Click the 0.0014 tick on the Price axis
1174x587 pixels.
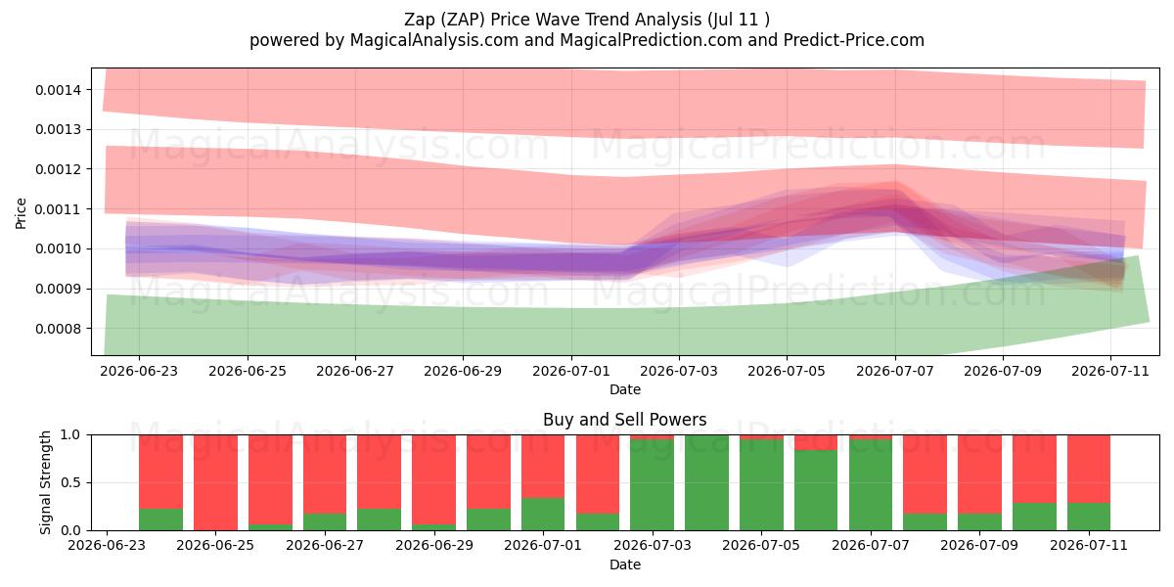point(58,90)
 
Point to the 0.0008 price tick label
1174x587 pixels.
point(58,329)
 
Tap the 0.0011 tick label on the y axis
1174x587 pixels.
point(58,209)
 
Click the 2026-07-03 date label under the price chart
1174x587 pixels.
point(679,371)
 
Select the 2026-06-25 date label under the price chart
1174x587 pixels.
point(248,371)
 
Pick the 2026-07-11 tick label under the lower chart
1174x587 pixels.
point(1089,545)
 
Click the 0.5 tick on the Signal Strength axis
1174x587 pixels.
point(70,482)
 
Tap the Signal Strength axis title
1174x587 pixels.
point(46,482)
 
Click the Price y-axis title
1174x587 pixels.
point(21,213)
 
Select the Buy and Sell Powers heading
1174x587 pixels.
point(625,420)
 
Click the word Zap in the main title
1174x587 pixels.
point(420,20)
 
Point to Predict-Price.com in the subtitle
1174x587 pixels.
point(854,40)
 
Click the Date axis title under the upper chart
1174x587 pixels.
point(625,389)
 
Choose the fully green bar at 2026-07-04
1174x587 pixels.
point(706,482)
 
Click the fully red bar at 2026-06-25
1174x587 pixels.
point(215,482)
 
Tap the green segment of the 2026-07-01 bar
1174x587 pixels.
point(543,515)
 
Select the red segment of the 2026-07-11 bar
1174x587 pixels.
point(1089,469)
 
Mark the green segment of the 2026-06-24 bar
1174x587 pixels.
point(160,519)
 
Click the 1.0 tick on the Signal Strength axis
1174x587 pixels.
point(70,435)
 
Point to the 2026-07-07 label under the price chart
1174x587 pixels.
point(894,371)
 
